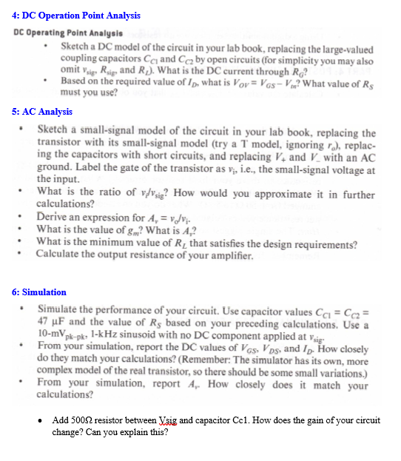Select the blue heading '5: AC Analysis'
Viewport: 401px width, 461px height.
[42, 112]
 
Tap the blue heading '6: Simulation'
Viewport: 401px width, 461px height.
[39, 292]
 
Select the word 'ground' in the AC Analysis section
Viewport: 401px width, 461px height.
[54, 168]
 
